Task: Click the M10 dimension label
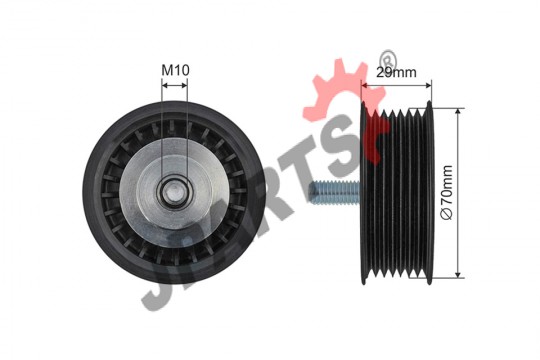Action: click(x=175, y=70)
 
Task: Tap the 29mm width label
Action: click(x=396, y=72)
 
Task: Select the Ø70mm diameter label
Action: click(x=446, y=192)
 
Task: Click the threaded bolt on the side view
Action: click(x=334, y=192)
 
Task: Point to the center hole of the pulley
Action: click(x=175, y=193)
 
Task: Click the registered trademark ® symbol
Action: click(x=388, y=59)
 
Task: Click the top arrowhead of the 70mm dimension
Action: click(x=458, y=112)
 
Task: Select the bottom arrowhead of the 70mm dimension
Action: click(x=458, y=274)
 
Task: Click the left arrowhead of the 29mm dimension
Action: click(x=365, y=85)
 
